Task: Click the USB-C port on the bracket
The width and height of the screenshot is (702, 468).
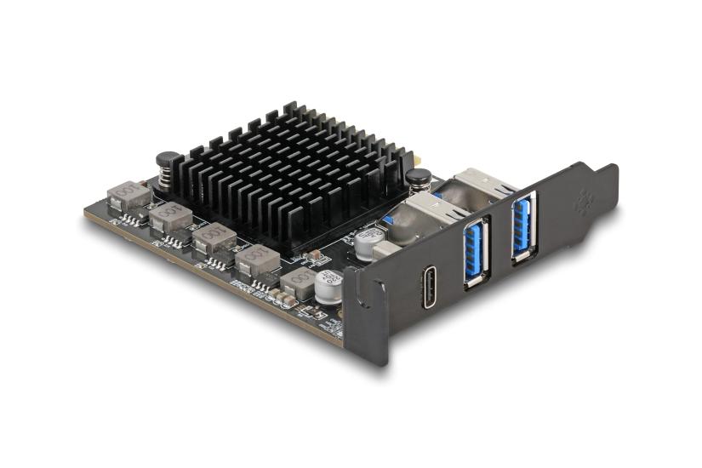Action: tap(430, 288)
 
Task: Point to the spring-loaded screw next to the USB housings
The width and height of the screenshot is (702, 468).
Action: tap(416, 181)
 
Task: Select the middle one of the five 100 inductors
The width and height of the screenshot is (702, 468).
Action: tap(213, 238)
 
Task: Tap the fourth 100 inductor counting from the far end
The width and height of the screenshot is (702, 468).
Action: tap(257, 259)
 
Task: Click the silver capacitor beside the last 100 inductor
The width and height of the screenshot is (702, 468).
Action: tap(328, 285)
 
